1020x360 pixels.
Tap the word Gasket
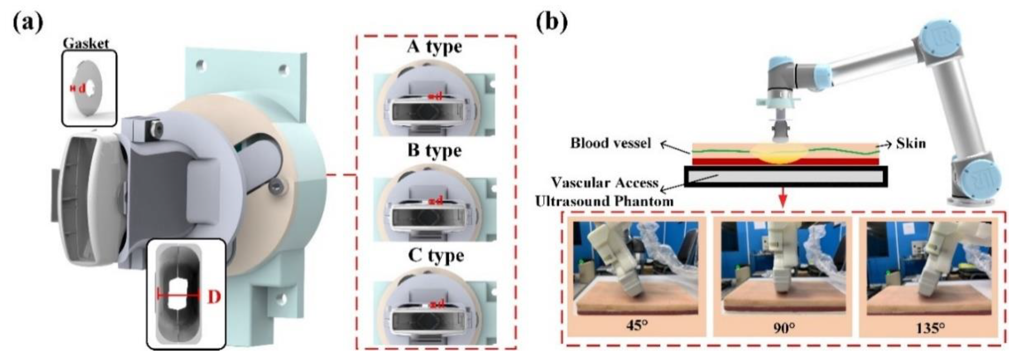point(86,44)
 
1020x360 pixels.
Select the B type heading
point(434,151)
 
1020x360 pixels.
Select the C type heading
point(435,255)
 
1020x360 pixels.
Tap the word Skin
point(911,143)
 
